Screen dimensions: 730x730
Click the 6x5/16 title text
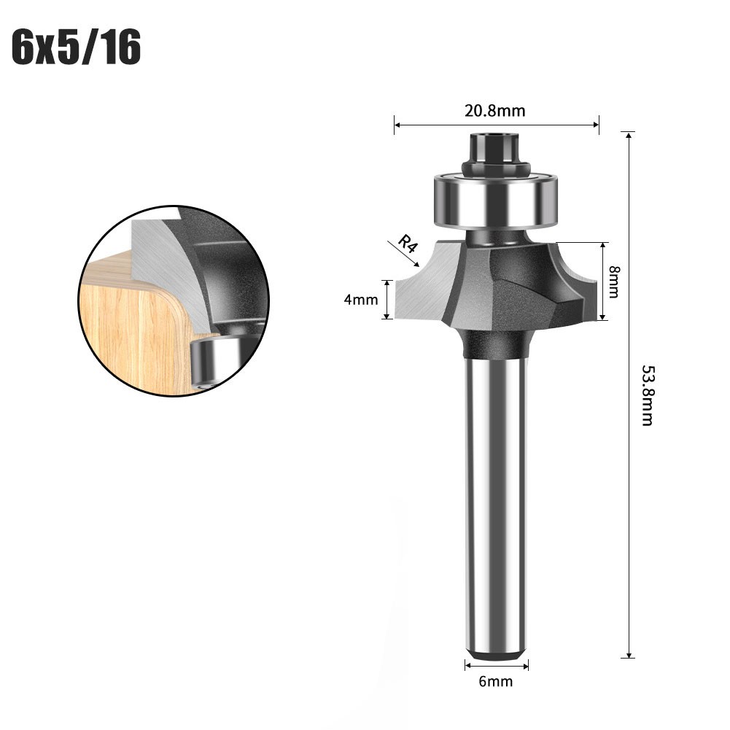[76, 49]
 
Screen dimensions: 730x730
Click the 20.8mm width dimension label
[495, 111]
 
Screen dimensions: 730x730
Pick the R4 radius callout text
[407, 244]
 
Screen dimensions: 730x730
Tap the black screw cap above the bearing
[496, 150]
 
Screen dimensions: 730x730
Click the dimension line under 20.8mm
[496, 125]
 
